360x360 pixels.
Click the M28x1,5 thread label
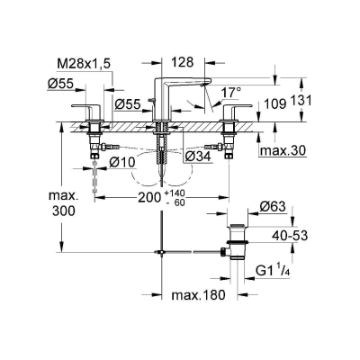84,63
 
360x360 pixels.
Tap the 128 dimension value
183,62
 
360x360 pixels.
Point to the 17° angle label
231,93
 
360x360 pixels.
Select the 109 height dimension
274,103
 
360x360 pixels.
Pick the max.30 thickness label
283,150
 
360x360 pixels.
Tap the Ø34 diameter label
198,156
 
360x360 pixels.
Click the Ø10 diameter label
122,163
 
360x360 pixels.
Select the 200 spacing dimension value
149,197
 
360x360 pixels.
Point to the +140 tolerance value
175,193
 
